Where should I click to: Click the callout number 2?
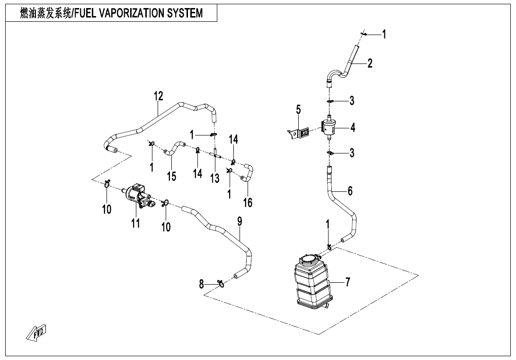pos(370,63)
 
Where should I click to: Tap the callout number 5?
pos(298,110)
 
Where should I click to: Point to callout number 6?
pos(350,191)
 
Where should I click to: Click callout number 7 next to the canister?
pos(348,282)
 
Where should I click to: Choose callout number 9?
pos(240,222)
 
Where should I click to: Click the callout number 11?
pos(136,223)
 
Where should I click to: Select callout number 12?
pos(158,96)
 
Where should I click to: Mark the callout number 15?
pos(171,176)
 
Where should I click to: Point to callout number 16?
pos(248,203)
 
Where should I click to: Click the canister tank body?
pos(311,282)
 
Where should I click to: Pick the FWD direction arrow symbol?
pos(37,333)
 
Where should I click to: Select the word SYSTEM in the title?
pos(186,13)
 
